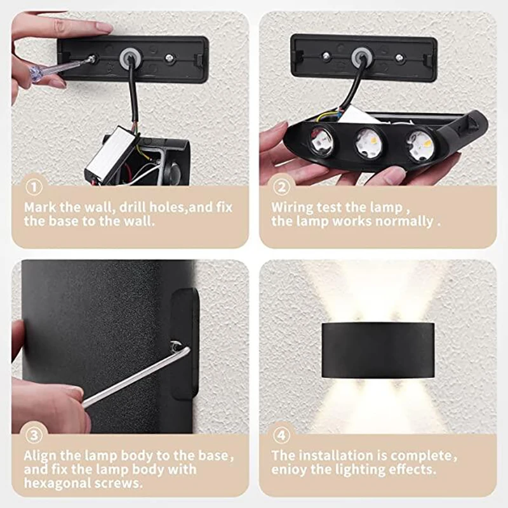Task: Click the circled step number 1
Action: pyautogui.click(x=34, y=188)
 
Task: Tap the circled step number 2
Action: pyautogui.click(x=282, y=188)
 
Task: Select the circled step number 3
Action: pyautogui.click(x=34, y=436)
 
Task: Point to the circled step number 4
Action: pyautogui.click(x=282, y=436)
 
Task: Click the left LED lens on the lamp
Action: pyautogui.click(x=322, y=141)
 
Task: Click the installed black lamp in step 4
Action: pyautogui.click(x=377, y=349)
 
